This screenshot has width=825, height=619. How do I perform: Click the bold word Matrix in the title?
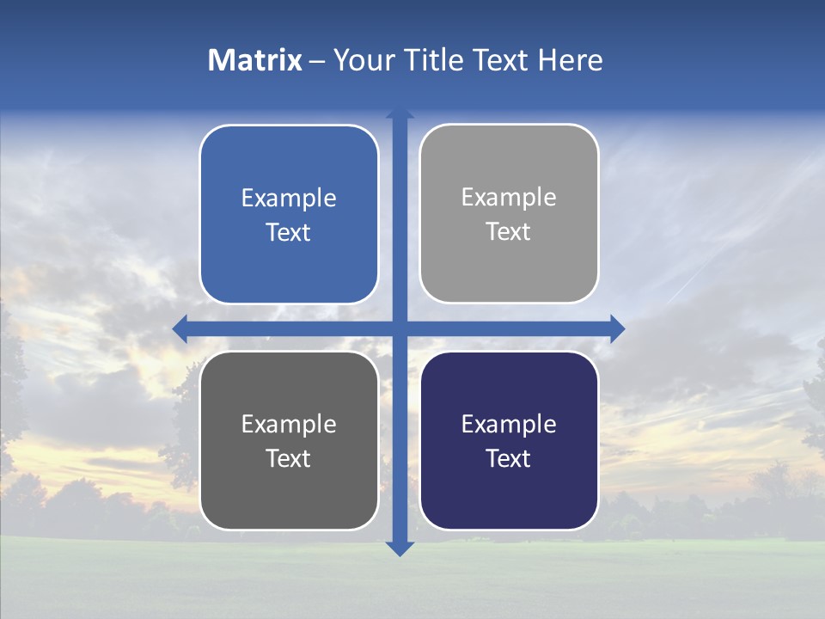pyautogui.click(x=254, y=60)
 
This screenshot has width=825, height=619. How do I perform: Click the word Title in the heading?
pyautogui.click(x=435, y=60)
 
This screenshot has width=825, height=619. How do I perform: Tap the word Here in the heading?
pyautogui.click(x=571, y=60)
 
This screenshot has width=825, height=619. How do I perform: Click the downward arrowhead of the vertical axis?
pyautogui.click(x=400, y=549)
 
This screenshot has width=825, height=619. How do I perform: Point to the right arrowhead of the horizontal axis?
pyautogui.click(x=617, y=328)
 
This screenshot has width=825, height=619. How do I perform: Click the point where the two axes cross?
pyautogui.click(x=400, y=328)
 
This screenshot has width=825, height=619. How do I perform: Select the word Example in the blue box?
pyautogui.click(x=289, y=198)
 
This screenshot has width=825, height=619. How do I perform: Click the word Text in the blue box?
pyautogui.click(x=289, y=232)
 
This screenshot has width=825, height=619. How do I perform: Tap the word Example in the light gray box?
pyautogui.click(x=509, y=197)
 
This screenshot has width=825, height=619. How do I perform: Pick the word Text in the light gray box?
pyautogui.click(x=509, y=231)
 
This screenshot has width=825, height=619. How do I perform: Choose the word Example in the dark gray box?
pyautogui.click(x=289, y=424)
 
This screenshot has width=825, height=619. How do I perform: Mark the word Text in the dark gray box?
pyautogui.click(x=289, y=458)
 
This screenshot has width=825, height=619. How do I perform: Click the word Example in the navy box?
pyautogui.click(x=509, y=424)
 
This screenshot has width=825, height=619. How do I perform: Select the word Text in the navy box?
pyautogui.click(x=509, y=458)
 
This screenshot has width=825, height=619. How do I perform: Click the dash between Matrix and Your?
pyautogui.click(x=317, y=61)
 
